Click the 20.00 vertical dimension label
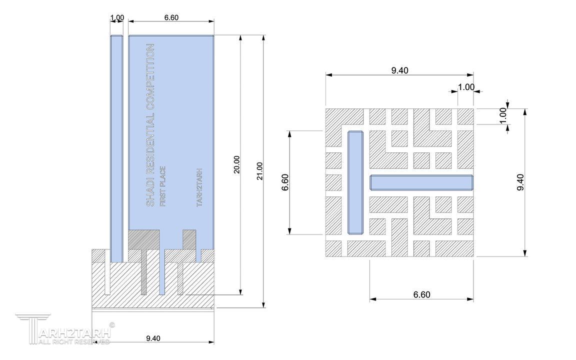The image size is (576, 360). click(x=236, y=164)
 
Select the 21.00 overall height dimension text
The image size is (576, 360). click(x=259, y=171)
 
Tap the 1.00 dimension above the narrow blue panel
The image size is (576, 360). click(x=117, y=17)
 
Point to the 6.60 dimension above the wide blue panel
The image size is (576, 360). click(x=171, y=17)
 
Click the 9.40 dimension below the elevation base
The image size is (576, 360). click(x=153, y=338)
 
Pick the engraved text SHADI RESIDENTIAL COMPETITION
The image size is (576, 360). click(x=150, y=125)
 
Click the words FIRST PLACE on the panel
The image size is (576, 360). click(x=162, y=186)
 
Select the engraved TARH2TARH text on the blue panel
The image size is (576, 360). click(x=200, y=187)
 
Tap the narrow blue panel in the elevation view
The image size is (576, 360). click(x=117, y=149)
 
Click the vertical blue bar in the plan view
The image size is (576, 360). click(x=355, y=182)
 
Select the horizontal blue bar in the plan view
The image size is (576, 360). click(x=421, y=182)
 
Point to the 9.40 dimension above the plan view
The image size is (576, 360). click(x=399, y=70)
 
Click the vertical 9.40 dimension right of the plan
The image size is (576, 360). click(x=520, y=182)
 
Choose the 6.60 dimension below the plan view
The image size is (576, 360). click(x=421, y=294)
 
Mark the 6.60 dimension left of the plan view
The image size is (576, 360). click(x=285, y=182)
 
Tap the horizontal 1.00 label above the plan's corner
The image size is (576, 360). click(x=466, y=87)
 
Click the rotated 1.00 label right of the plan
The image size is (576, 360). click(x=503, y=115)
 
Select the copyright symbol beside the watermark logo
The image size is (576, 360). click(x=112, y=324)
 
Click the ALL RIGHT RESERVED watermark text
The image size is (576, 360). click(x=74, y=341)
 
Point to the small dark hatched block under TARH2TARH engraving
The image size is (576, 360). click(x=189, y=239)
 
